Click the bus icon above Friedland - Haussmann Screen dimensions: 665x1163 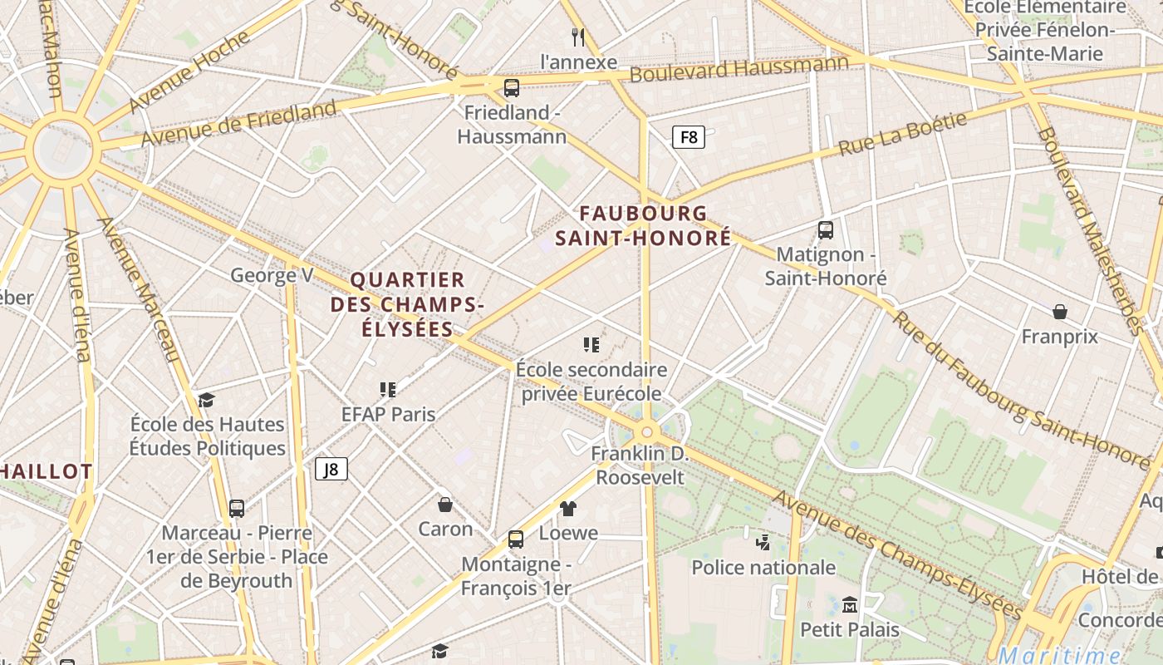click(x=512, y=87)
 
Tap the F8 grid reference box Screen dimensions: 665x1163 click(x=689, y=137)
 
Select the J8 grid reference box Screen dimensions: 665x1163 click(x=331, y=470)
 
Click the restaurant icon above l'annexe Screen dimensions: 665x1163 click(x=579, y=37)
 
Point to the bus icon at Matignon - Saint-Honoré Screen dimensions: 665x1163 click(x=826, y=230)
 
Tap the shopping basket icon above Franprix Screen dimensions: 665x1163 click(x=1059, y=312)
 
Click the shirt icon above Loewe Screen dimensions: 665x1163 click(x=568, y=508)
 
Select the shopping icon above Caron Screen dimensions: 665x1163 click(x=445, y=505)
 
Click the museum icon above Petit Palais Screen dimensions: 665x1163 click(x=849, y=604)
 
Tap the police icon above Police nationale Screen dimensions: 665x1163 click(x=763, y=543)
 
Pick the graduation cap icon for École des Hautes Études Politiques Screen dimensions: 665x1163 click(x=206, y=400)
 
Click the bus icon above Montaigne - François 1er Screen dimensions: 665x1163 click(x=516, y=539)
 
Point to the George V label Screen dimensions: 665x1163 click(x=272, y=275)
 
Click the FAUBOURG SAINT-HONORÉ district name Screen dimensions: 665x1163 click(x=644, y=226)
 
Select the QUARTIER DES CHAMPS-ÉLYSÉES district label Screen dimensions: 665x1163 click(x=407, y=304)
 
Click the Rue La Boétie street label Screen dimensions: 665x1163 click(x=903, y=135)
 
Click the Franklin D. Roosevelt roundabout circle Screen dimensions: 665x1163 click(x=647, y=431)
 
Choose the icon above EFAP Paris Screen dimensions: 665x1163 click(x=388, y=389)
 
